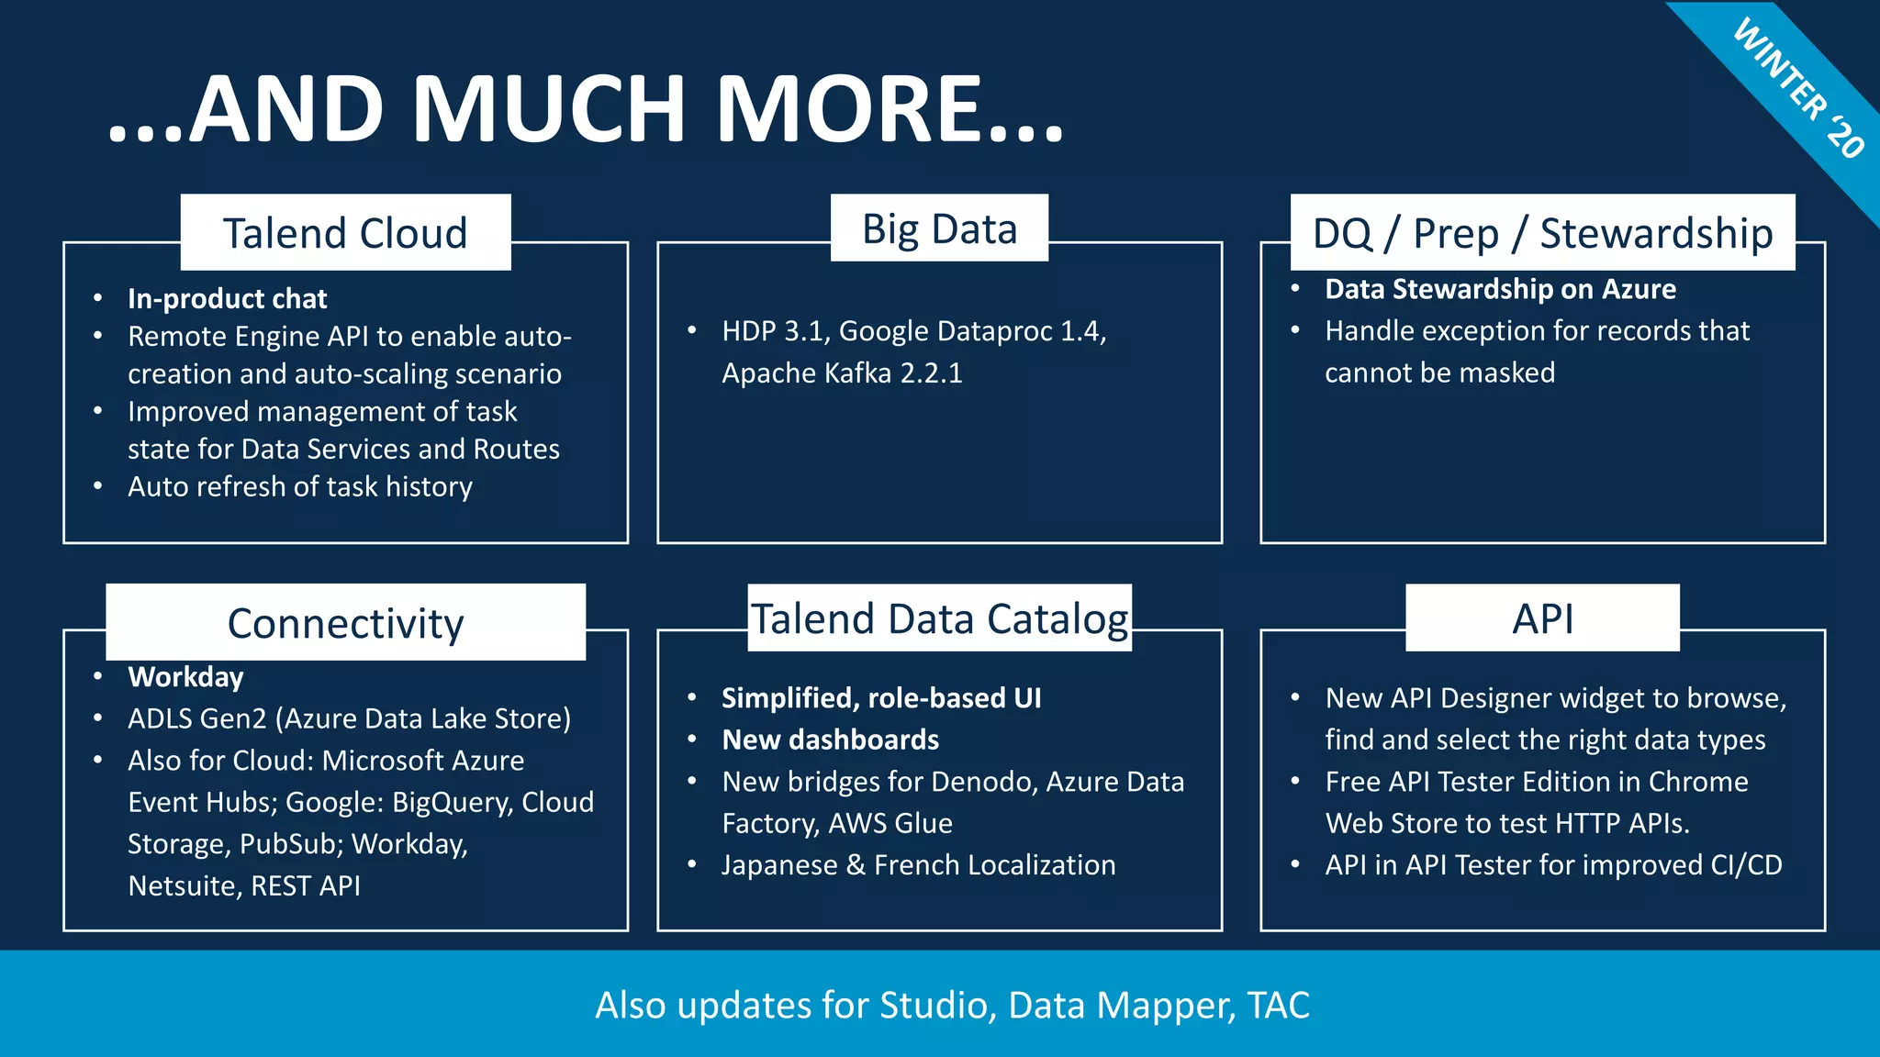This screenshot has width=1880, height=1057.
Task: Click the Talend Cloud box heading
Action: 345,233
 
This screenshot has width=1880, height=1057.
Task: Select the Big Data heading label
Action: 939,228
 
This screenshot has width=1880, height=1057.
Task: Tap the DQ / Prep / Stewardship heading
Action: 1542,233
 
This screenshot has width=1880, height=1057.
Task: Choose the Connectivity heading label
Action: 345,623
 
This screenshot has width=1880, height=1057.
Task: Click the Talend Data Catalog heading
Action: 939,618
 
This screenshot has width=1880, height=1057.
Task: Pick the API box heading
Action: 1542,618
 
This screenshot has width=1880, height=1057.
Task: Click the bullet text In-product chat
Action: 227,299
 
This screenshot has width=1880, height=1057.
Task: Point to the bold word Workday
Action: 185,677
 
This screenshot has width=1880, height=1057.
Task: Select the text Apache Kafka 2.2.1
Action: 842,373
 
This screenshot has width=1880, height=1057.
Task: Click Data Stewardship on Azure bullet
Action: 1500,289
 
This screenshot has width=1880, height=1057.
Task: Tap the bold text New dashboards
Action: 830,740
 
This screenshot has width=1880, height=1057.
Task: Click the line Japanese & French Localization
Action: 918,865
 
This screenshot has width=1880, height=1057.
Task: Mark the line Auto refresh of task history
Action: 299,486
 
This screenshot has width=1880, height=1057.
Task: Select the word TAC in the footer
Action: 1278,1006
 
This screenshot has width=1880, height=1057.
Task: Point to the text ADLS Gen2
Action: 196,718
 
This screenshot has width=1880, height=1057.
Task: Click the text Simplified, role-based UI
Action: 881,698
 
